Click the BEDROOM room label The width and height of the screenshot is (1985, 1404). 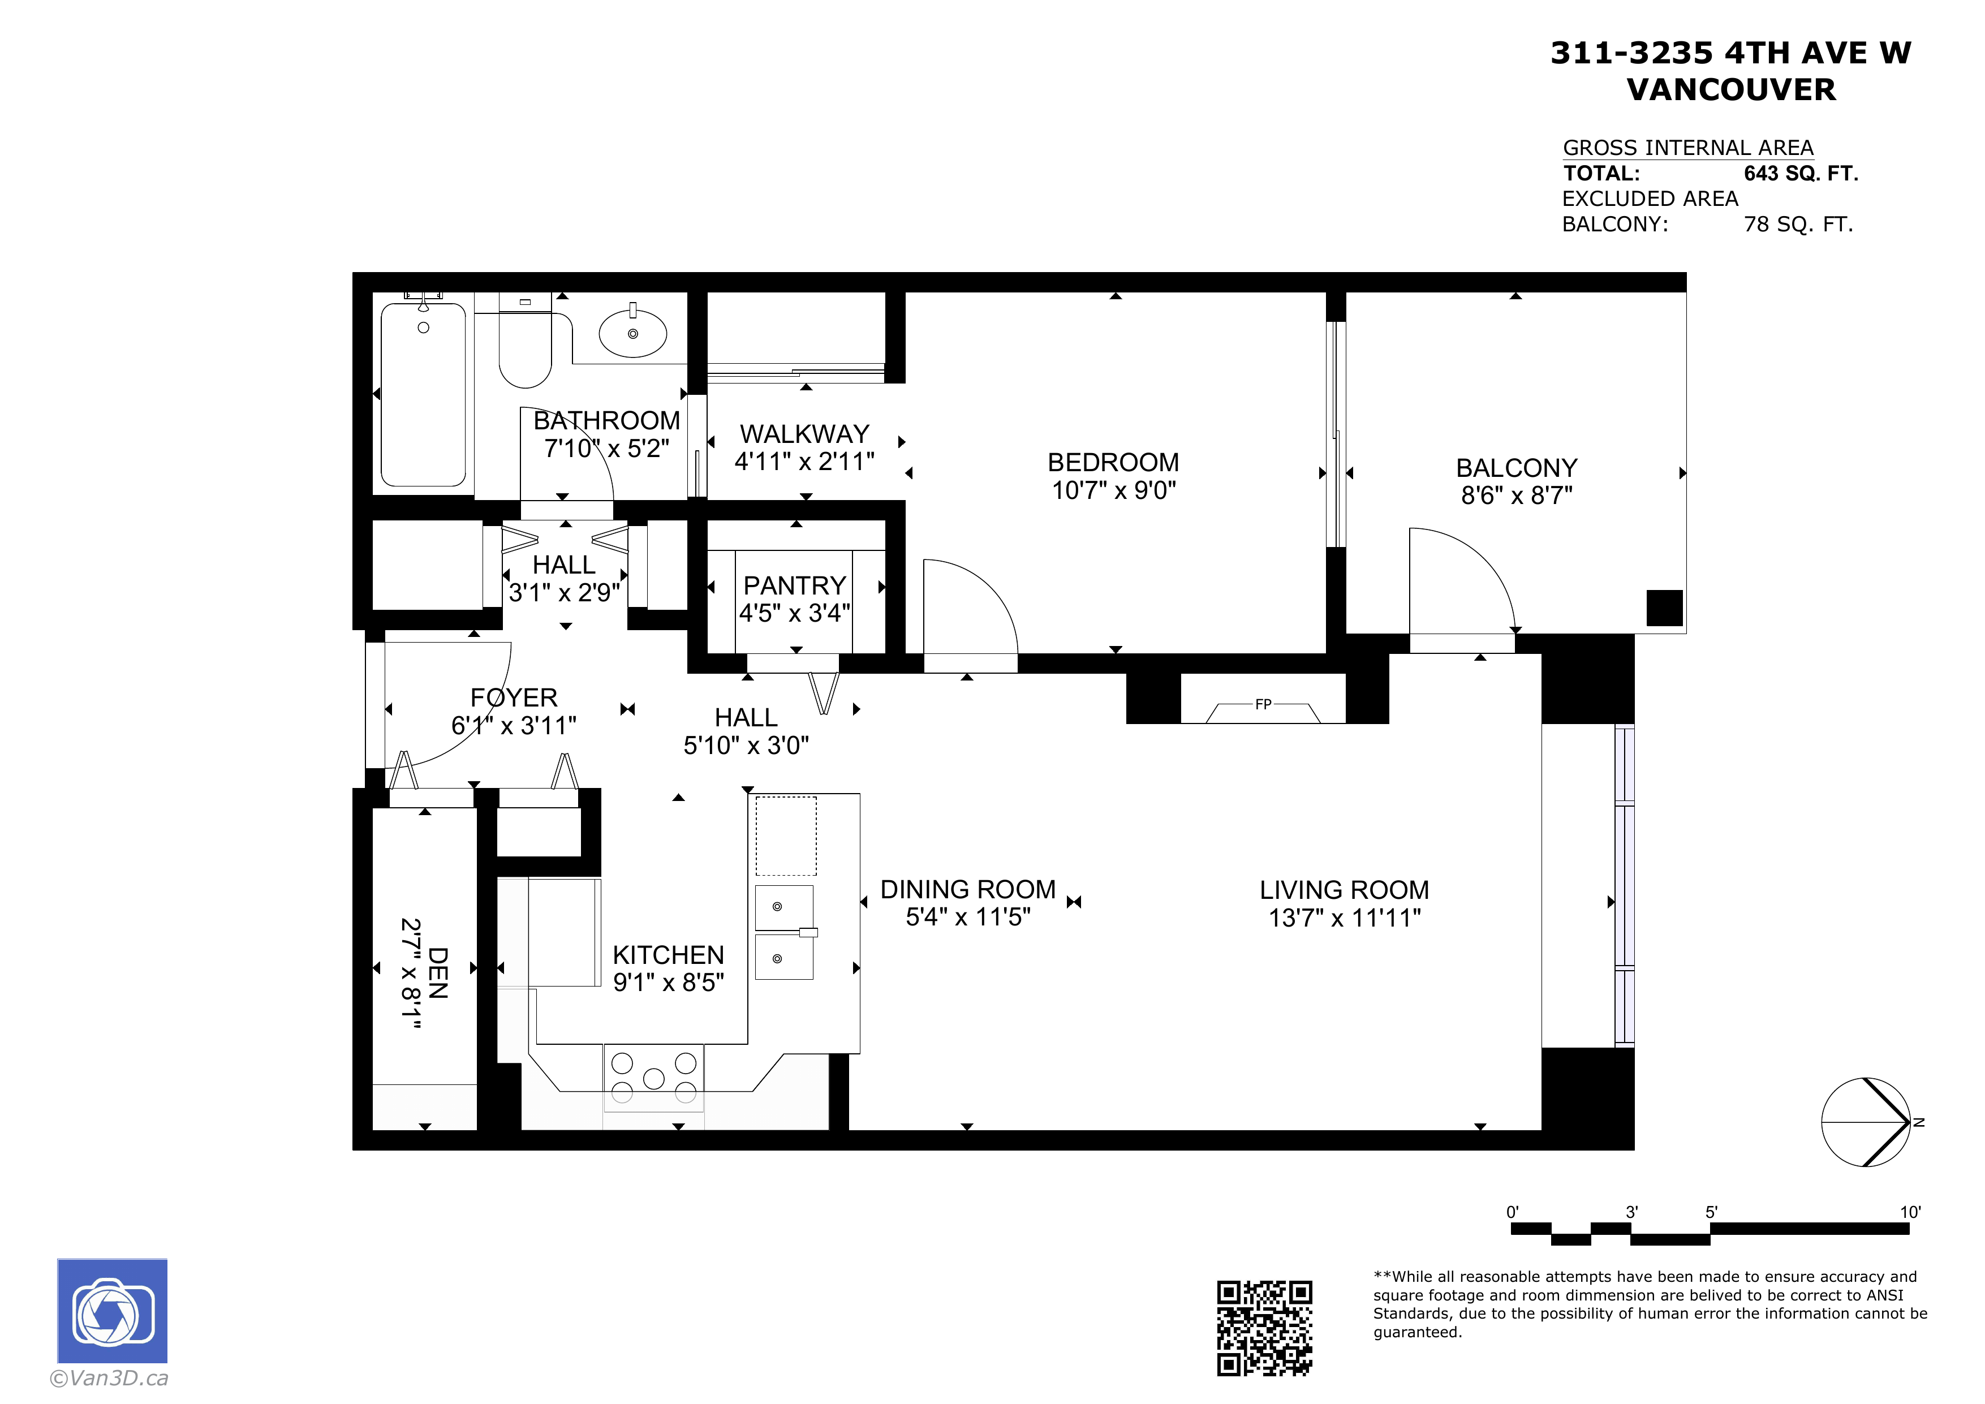pyautogui.click(x=1113, y=463)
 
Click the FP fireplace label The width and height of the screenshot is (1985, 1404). pyautogui.click(x=1263, y=705)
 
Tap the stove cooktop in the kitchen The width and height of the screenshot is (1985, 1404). pyautogui.click(x=653, y=1077)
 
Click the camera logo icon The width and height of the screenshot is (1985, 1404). pyautogui.click(x=113, y=1311)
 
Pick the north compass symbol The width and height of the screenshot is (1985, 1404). pyautogui.click(x=1866, y=1122)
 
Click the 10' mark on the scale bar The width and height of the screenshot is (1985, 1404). pyautogui.click(x=1910, y=1212)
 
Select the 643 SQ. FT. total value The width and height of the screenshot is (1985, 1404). pyautogui.click(x=1801, y=174)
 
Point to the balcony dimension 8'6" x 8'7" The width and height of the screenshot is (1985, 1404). pyautogui.click(x=1517, y=496)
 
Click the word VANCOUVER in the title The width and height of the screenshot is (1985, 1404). pyautogui.click(x=1731, y=90)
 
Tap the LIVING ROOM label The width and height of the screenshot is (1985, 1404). pyautogui.click(x=1345, y=890)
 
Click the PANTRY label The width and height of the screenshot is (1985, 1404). pyautogui.click(x=795, y=585)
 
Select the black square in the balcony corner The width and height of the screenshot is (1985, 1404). pyautogui.click(x=1664, y=608)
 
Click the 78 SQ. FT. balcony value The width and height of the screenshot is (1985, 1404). pyautogui.click(x=1798, y=225)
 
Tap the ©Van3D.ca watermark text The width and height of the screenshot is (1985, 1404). pyautogui.click(x=109, y=1378)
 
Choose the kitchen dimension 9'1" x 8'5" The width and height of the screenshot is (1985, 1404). pyautogui.click(x=668, y=982)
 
